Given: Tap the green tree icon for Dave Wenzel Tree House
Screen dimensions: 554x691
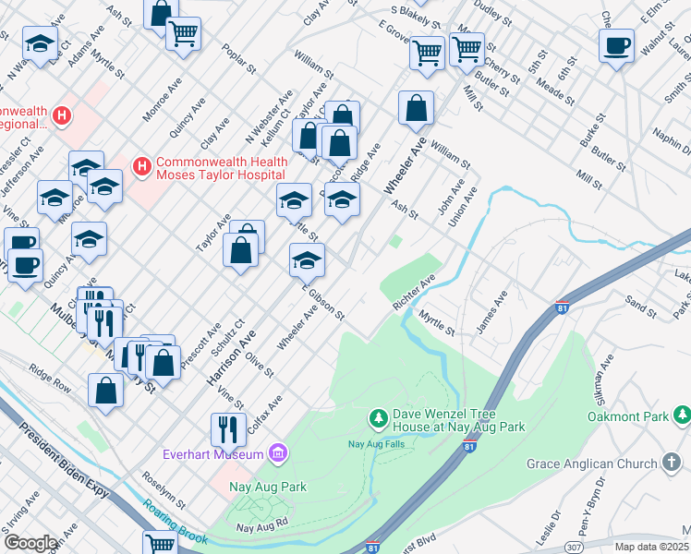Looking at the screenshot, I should tap(378, 419).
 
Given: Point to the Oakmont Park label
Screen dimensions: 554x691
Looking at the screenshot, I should tap(628, 416).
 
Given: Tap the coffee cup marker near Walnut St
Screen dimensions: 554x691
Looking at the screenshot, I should tap(616, 45).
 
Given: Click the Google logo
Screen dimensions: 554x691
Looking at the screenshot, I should tap(30, 542).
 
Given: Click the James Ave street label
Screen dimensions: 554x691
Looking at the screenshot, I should tap(491, 313).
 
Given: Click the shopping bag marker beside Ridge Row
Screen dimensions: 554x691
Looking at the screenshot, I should tap(106, 390).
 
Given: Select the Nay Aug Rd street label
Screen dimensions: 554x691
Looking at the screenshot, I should tap(264, 528).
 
